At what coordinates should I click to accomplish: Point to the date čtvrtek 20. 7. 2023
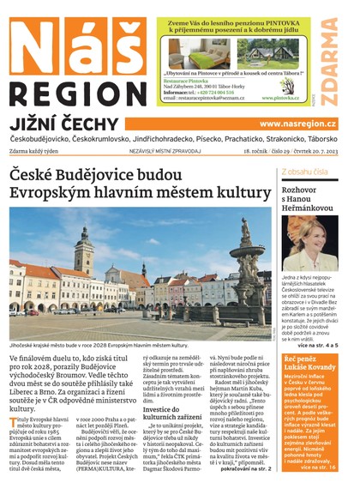[x=306, y=151]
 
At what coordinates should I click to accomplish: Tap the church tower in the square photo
[x=83, y=253]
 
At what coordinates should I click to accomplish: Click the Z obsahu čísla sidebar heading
[x=303, y=172]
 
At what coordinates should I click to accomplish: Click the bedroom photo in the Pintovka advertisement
[x=196, y=53]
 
